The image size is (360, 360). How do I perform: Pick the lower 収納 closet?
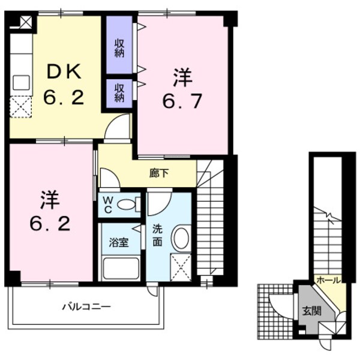click(x=119, y=91)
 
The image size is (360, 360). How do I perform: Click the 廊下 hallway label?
click(x=159, y=173)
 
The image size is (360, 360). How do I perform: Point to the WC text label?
click(x=108, y=205)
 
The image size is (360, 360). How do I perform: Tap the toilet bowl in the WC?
click(x=127, y=205)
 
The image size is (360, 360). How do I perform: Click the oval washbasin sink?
click(x=181, y=238)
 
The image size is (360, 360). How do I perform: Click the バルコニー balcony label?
click(x=86, y=307)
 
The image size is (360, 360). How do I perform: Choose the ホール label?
click(x=329, y=280)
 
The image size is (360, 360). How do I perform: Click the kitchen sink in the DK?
click(x=21, y=82)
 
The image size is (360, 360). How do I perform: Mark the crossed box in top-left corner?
click(x=25, y=22)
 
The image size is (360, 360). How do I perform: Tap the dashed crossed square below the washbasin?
click(x=181, y=267)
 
